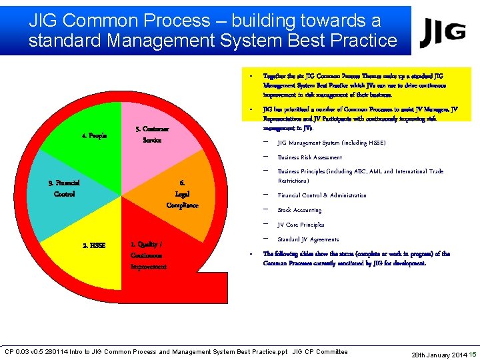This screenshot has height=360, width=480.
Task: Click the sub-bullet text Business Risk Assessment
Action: [x=310, y=157]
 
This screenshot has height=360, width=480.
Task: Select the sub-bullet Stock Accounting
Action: [x=299, y=210]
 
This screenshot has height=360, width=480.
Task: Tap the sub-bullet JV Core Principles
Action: [x=301, y=225]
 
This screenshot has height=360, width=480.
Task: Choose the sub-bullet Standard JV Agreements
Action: [x=308, y=239]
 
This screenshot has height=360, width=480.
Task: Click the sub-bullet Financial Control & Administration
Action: [x=322, y=195]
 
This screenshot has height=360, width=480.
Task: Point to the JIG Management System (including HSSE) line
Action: [x=331, y=143]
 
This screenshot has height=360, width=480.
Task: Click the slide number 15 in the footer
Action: [x=473, y=353]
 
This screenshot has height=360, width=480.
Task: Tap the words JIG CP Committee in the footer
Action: [x=320, y=352]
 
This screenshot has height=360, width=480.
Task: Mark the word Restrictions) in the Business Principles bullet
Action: [x=293, y=181]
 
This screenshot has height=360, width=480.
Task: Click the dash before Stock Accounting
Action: [x=267, y=210]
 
